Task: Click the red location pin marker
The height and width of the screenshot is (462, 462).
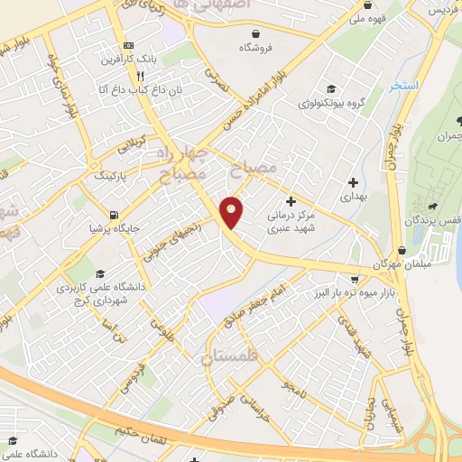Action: point(233,211)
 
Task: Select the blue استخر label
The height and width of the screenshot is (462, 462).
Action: point(405,86)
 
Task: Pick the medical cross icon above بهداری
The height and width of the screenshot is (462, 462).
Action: point(351,182)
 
